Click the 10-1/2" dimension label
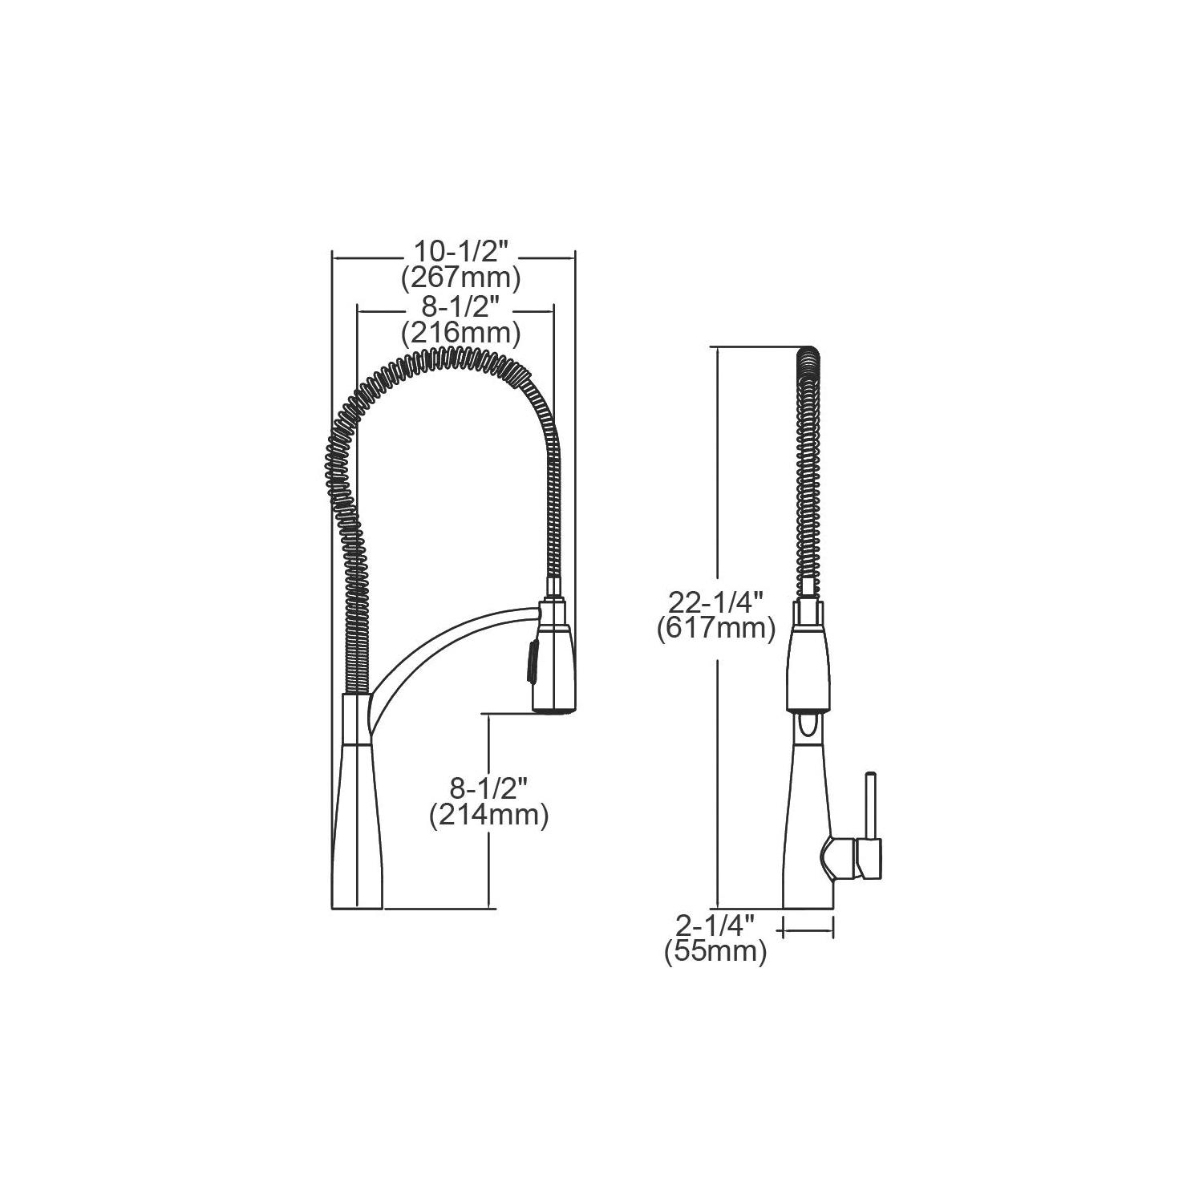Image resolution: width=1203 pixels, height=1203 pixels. click(461, 252)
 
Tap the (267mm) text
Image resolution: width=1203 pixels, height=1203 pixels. click(461, 277)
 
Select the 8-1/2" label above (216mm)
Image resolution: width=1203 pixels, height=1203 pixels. click(461, 306)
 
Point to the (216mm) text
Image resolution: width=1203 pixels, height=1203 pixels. click(461, 331)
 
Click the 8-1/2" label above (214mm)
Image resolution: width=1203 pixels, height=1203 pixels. click(488, 789)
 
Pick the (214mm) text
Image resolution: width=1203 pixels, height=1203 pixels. click(488, 816)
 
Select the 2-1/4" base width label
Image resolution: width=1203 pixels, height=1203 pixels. click(715, 926)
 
